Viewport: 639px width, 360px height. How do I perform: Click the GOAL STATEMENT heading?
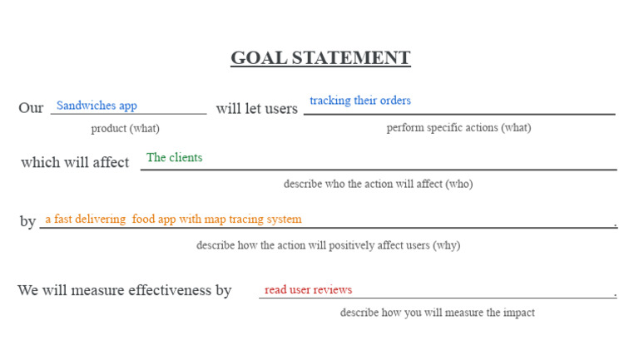[x=320, y=58]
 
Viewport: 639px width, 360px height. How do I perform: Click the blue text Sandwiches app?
[x=97, y=106]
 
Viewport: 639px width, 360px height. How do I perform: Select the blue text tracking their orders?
[x=360, y=101]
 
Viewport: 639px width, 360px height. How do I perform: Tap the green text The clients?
[x=174, y=157]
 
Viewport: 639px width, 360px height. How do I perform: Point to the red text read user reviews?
[x=308, y=289]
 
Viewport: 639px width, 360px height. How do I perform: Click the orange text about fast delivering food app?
[x=173, y=219]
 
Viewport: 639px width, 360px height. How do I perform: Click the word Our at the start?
[x=31, y=108]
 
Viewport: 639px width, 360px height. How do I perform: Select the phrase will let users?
[x=256, y=109]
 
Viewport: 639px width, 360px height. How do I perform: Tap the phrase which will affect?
[x=75, y=162]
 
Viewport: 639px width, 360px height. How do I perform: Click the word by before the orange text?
[x=27, y=221]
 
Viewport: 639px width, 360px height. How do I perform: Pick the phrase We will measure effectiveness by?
[x=125, y=290]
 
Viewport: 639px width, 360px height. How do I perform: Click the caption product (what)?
[x=125, y=128]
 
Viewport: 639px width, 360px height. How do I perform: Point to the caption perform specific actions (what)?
[x=458, y=127]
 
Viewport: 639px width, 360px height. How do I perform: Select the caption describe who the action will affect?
[x=378, y=184]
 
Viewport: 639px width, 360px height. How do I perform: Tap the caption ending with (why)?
[x=328, y=245]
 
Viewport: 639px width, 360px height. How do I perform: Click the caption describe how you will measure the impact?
[x=437, y=313]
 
